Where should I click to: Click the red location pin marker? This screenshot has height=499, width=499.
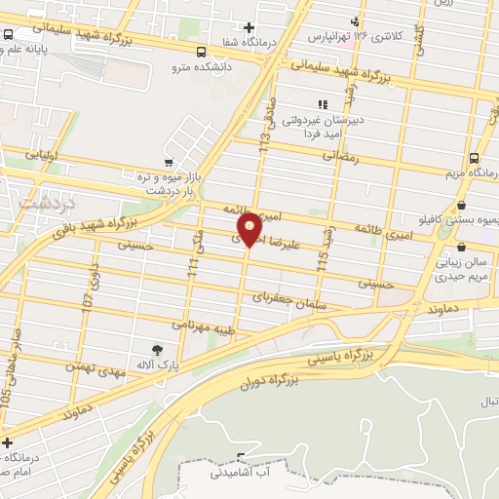[x=249, y=228]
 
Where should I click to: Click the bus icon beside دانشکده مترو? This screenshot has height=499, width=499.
[x=201, y=52]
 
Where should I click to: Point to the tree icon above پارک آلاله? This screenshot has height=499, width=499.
[x=156, y=348]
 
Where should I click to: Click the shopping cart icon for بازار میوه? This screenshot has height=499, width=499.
[x=170, y=162]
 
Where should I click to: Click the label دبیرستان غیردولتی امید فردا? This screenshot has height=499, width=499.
[x=323, y=125]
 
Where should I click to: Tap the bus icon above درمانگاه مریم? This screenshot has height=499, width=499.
[x=474, y=158]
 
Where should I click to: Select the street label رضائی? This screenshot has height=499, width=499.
[x=340, y=155]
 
